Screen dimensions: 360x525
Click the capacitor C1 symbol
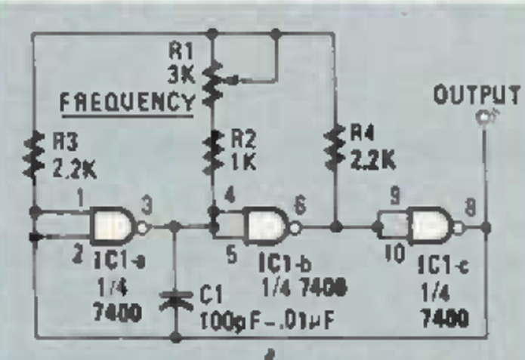(174, 300)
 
